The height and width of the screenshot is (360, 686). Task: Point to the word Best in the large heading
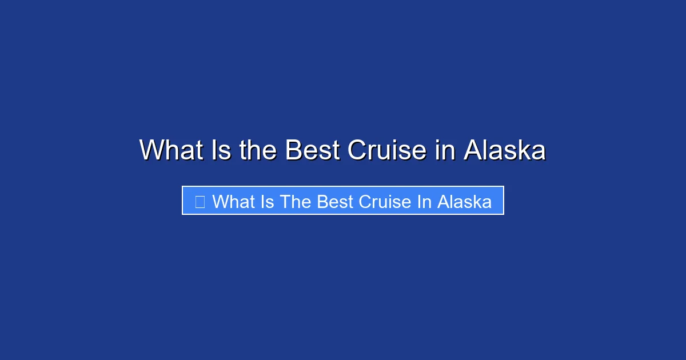pos(312,150)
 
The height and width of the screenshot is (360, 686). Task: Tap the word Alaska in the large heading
pos(504,150)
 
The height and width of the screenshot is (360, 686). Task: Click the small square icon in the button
pos(200,202)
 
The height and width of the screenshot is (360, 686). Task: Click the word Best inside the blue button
pos(334,202)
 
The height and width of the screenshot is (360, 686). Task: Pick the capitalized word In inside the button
pos(424,202)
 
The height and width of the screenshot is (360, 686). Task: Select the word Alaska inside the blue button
pos(464,202)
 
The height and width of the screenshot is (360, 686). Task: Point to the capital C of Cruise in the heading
pos(358,150)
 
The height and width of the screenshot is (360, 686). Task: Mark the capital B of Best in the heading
pos(293,150)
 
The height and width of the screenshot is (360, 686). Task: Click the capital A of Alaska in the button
pos(443,202)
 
